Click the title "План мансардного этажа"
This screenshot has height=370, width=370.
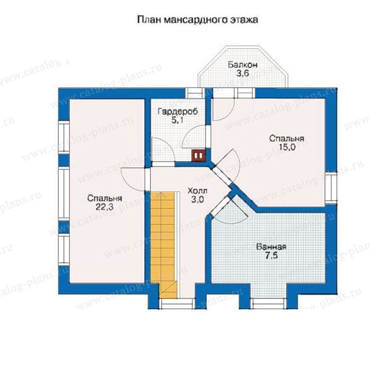(x=197, y=20)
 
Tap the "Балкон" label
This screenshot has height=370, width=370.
(x=242, y=65)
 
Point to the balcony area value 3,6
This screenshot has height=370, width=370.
(x=243, y=74)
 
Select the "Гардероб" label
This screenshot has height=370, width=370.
(x=178, y=111)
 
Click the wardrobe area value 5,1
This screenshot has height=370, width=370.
(x=177, y=120)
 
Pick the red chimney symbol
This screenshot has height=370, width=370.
(x=199, y=155)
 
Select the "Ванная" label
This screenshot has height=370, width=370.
(x=271, y=247)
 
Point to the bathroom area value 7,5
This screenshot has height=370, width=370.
(x=271, y=256)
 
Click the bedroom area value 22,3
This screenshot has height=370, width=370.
(x=104, y=207)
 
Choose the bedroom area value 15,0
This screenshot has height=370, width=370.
(x=287, y=147)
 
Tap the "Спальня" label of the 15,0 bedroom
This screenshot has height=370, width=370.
(x=287, y=138)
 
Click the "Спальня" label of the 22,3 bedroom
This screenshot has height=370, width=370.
(x=104, y=198)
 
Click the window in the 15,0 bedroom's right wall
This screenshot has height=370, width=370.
(x=331, y=188)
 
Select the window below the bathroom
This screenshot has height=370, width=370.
(x=268, y=303)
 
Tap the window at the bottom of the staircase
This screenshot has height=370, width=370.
(x=177, y=303)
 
